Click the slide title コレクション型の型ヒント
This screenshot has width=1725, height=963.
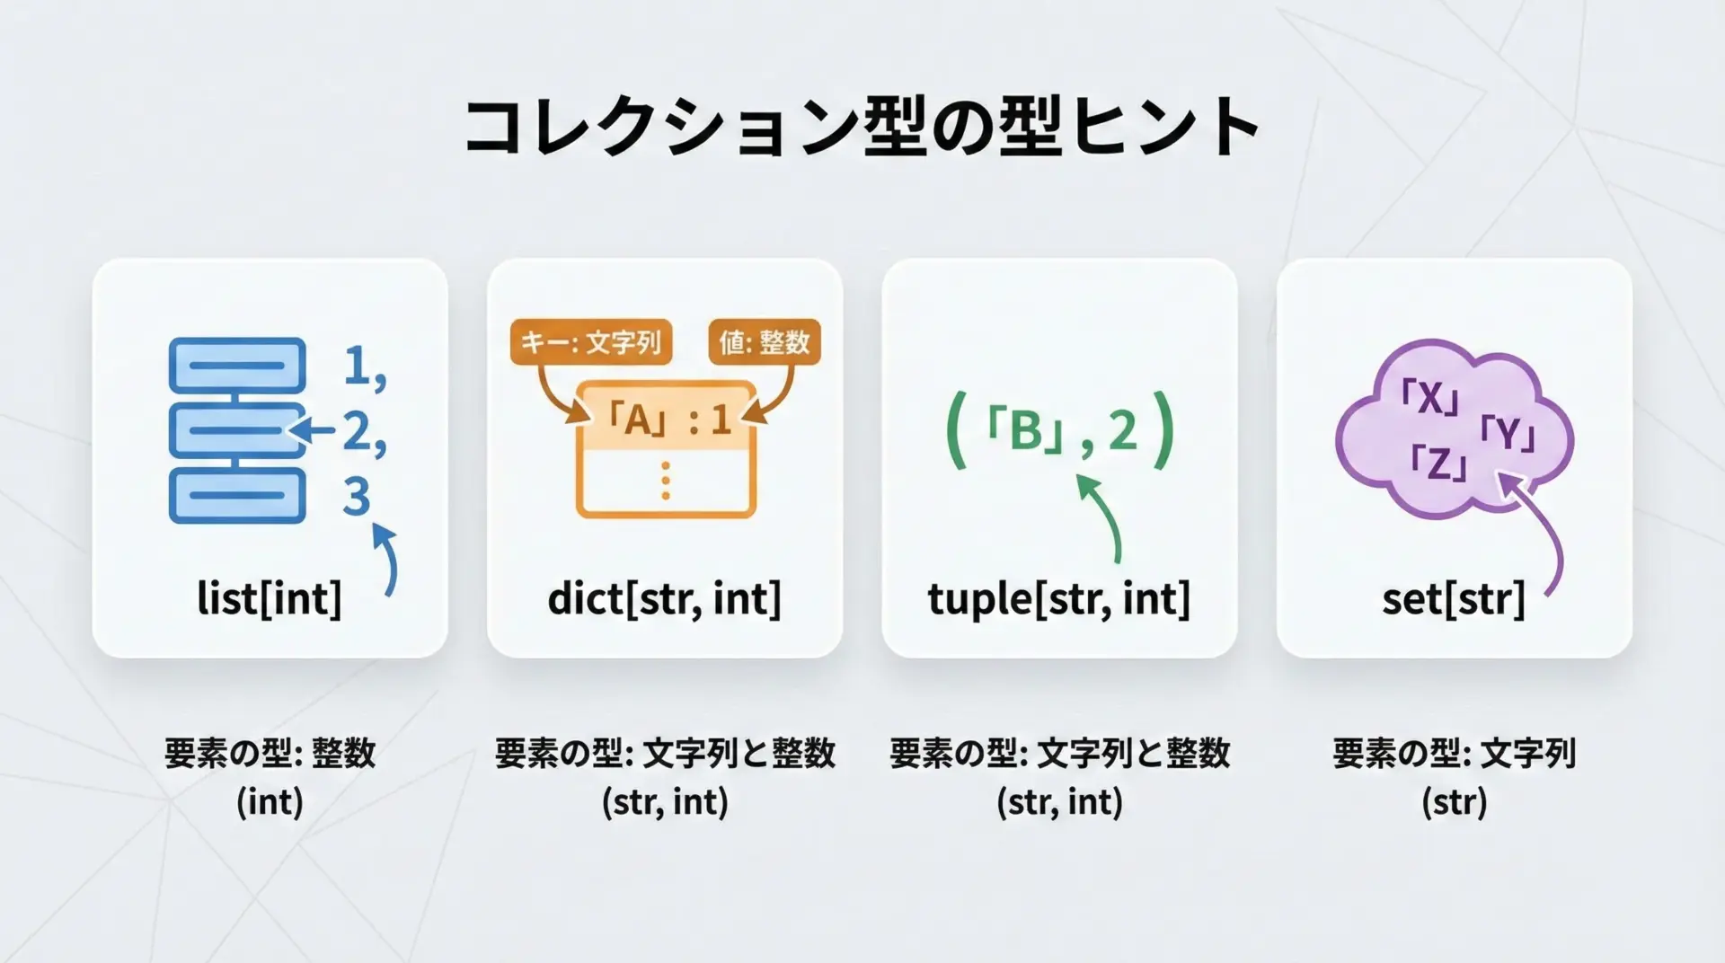pos(862,127)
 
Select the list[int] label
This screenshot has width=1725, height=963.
pos(270,598)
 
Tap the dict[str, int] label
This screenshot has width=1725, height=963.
pos(664,598)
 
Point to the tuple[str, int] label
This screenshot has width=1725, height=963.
pos(1059,598)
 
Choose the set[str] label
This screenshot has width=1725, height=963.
pos(1454,598)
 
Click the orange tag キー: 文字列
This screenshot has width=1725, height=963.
pos(591,342)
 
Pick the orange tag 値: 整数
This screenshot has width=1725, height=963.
pos(765,342)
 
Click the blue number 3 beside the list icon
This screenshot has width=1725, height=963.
pos(357,496)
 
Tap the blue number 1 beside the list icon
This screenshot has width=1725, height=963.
pos(358,365)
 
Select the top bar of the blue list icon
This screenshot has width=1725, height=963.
pos(237,365)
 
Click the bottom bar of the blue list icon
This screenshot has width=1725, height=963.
pos(237,496)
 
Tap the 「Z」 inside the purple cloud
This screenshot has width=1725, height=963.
pos(1439,462)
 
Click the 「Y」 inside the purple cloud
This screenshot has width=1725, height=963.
pos(1508,434)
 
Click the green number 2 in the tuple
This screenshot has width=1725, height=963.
pos(1123,430)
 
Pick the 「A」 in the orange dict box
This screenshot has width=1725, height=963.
pos(637,420)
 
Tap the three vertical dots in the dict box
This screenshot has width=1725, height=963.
pos(665,481)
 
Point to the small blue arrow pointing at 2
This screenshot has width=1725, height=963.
pos(310,430)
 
